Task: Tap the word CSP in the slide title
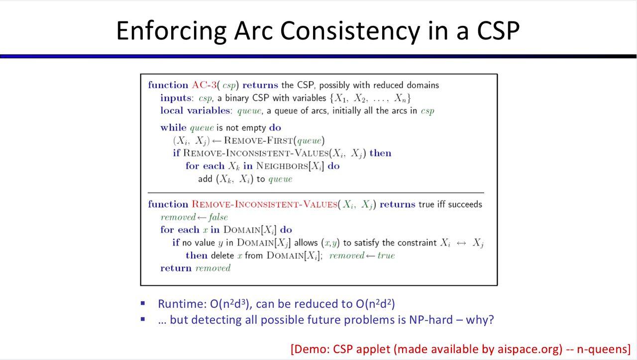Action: point(499,30)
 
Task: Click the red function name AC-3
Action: point(204,85)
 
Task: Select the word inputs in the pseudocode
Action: point(175,98)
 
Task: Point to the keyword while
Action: point(173,127)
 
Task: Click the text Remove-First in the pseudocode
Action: point(258,140)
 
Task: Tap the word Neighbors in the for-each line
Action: point(282,166)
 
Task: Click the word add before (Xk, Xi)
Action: point(205,179)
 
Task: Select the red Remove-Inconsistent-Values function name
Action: point(264,204)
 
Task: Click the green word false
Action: point(218,217)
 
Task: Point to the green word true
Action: point(386,255)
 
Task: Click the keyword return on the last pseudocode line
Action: point(176,268)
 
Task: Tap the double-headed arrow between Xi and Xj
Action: point(461,243)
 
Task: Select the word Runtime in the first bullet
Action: point(182,304)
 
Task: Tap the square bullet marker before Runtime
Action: point(143,303)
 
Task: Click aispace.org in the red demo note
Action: point(530,349)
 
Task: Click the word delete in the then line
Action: point(222,255)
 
